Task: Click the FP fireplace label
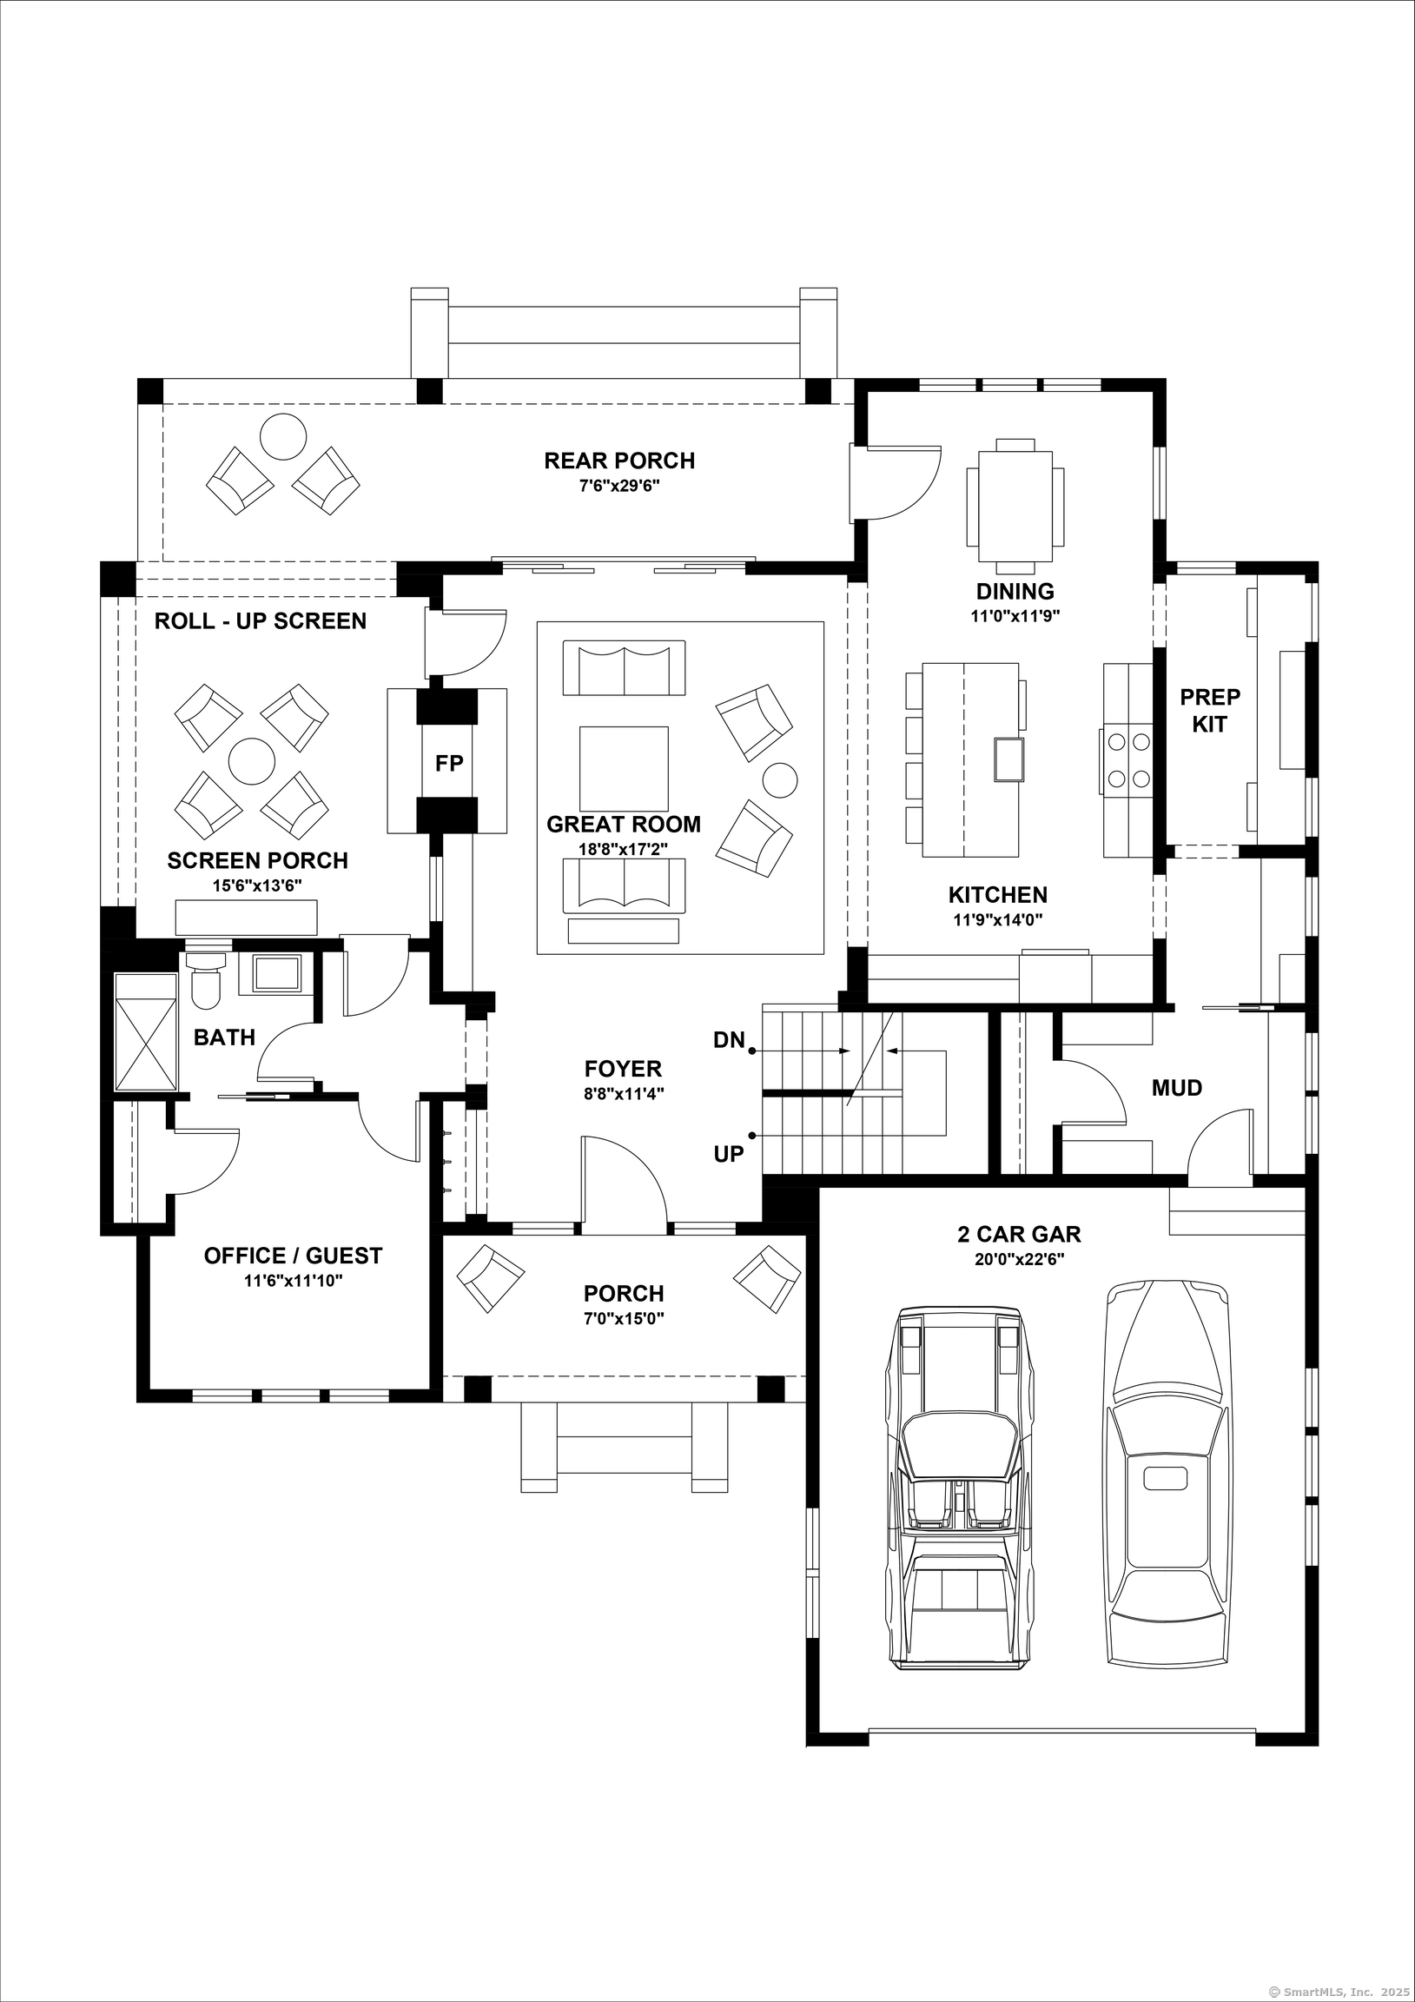coord(449,764)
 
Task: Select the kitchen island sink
coord(1008,759)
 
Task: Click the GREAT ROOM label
coord(624,824)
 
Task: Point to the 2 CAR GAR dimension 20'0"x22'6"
coord(1019,1259)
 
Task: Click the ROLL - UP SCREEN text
coord(260,620)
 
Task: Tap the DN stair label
coord(729,1039)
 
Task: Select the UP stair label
coord(729,1154)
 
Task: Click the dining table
coord(1015,506)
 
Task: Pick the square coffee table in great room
coord(624,768)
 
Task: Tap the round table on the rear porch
coord(283,436)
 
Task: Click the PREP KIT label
coord(1209,710)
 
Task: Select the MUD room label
coord(1176,1087)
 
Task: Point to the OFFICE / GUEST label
coord(293,1256)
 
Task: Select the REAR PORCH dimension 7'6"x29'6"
coord(619,486)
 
